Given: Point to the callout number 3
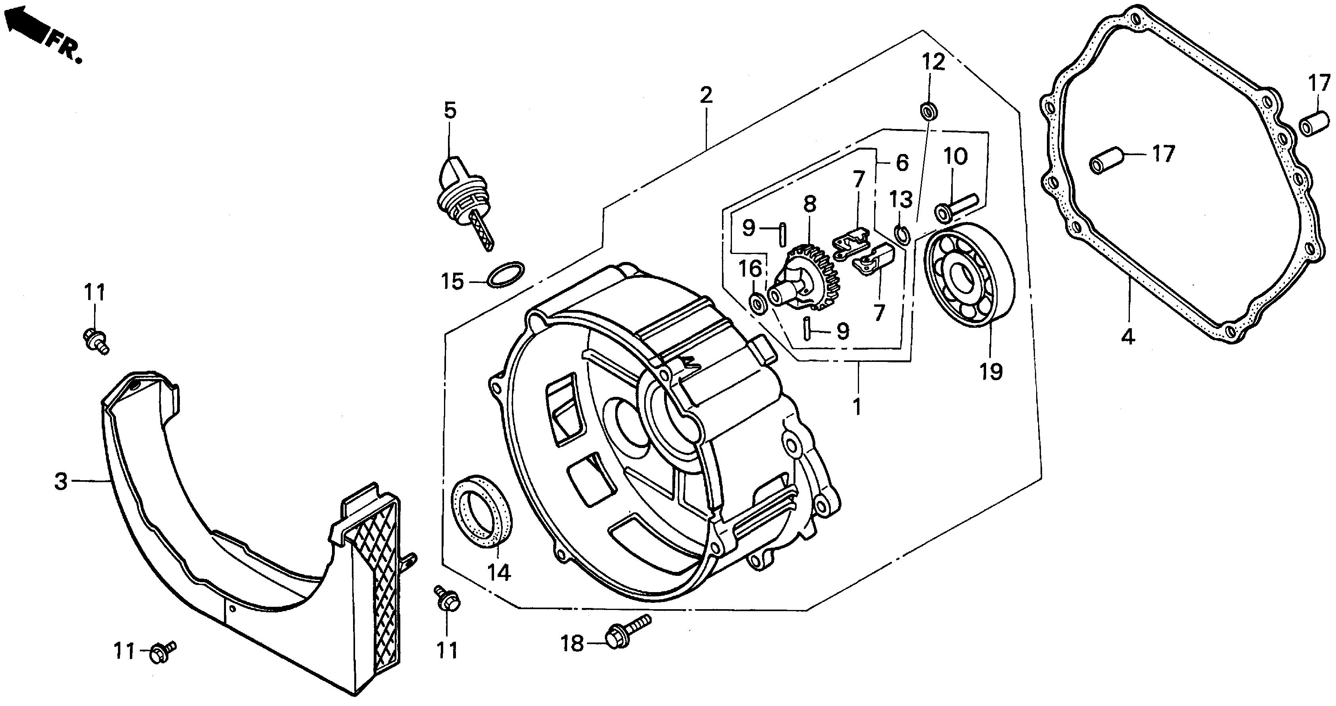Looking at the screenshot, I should (x=61, y=481).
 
